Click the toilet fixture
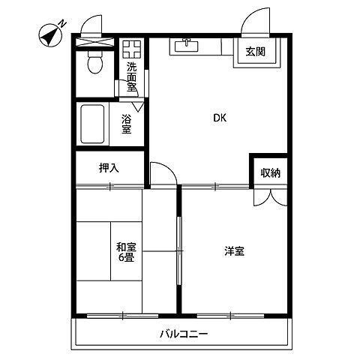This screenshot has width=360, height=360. point(94,66)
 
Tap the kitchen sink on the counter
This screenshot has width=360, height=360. point(184,46)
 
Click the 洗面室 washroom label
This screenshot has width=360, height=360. point(131,76)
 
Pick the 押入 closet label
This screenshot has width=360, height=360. point(109,167)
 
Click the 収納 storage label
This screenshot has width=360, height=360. point(270,173)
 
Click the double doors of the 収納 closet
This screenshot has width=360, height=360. point(270,196)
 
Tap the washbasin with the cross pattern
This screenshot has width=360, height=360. point(133,49)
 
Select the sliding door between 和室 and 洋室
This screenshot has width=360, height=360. point(178,250)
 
